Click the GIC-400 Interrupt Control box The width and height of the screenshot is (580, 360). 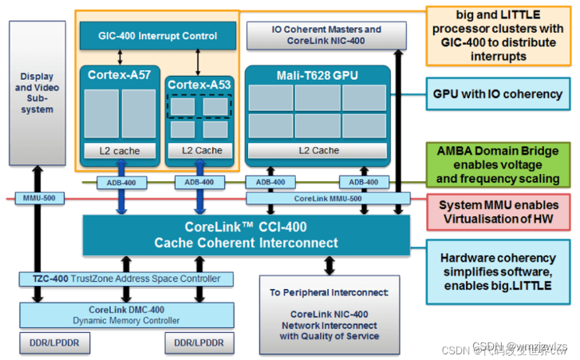coord(158,35)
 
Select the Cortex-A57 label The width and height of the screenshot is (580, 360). coord(118,75)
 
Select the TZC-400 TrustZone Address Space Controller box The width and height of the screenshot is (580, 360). coord(126,279)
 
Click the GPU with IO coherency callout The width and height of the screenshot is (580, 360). coord(498,93)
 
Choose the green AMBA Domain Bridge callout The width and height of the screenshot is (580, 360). coord(498,164)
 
